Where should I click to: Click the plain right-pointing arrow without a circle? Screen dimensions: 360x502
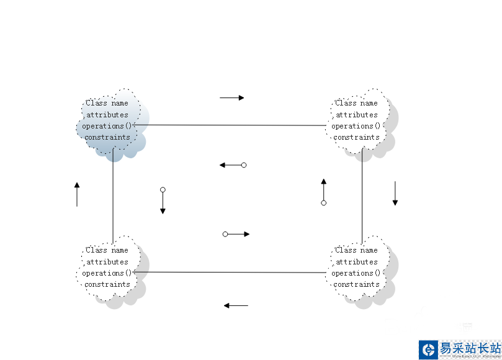[x=231, y=97]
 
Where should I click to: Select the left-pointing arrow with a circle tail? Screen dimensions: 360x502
[x=233, y=165]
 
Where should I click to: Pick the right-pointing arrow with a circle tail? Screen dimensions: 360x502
[x=236, y=234]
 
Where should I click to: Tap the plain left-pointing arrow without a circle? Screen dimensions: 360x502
[x=236, y=305]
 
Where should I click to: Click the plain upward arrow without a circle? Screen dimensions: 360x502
[x=77, y=194]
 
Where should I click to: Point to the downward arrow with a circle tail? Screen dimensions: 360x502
[x=163, y=201]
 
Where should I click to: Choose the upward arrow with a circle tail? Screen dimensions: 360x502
[x=323, y=191]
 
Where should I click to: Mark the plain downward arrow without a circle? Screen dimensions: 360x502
[x=395, y=194]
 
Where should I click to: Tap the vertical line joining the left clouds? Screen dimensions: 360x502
[x=113, y=192]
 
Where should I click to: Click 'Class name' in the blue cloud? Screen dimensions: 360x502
[x=107, y=103]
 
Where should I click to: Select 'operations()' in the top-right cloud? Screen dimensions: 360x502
[x=356, y=126]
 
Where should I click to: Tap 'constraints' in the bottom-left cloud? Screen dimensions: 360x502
[x=107, y=284]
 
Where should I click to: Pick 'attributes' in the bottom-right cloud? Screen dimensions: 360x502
[x=356, y=262]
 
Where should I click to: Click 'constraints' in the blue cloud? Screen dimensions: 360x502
[x=107, y=137]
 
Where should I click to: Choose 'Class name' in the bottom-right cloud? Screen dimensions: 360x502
[x=356, y=250]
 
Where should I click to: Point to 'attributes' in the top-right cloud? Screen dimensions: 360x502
[x=356, y=115]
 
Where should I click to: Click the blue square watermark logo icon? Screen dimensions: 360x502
[x=428, y=349]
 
